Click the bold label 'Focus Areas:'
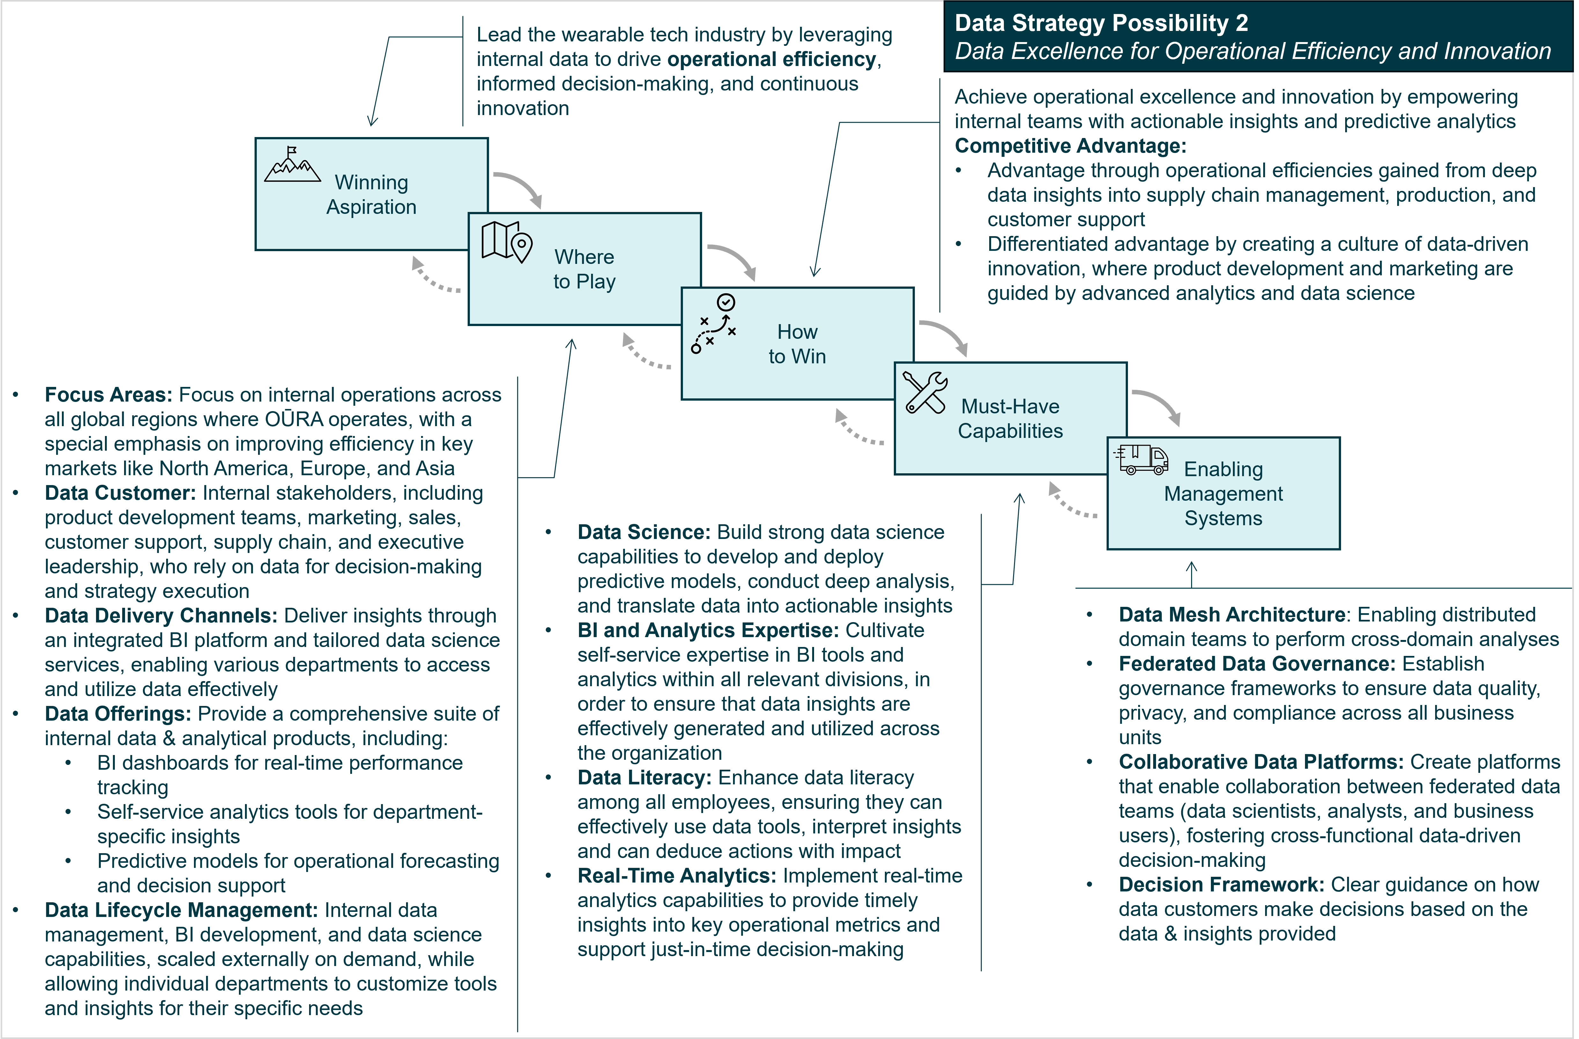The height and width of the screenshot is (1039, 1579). tap(108, 395)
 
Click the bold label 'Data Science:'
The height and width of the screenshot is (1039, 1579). tap(643, 532)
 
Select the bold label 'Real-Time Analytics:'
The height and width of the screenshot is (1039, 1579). tap(677, 875)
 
